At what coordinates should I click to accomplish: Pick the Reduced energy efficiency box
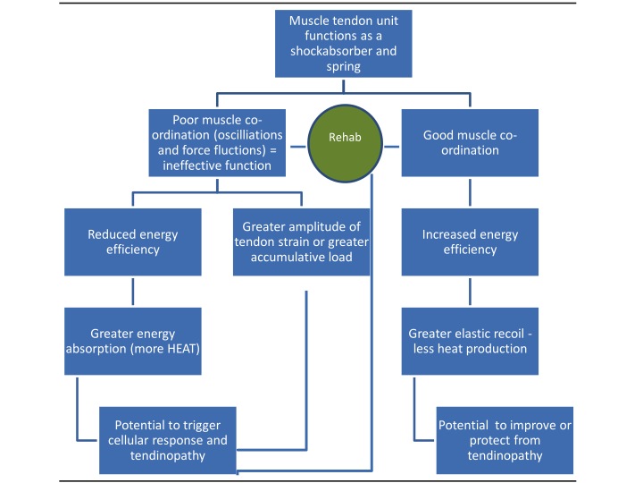coord(133,242)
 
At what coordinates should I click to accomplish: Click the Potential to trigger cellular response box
coord(169,440)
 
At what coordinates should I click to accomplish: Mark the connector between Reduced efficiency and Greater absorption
coord(133,292)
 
